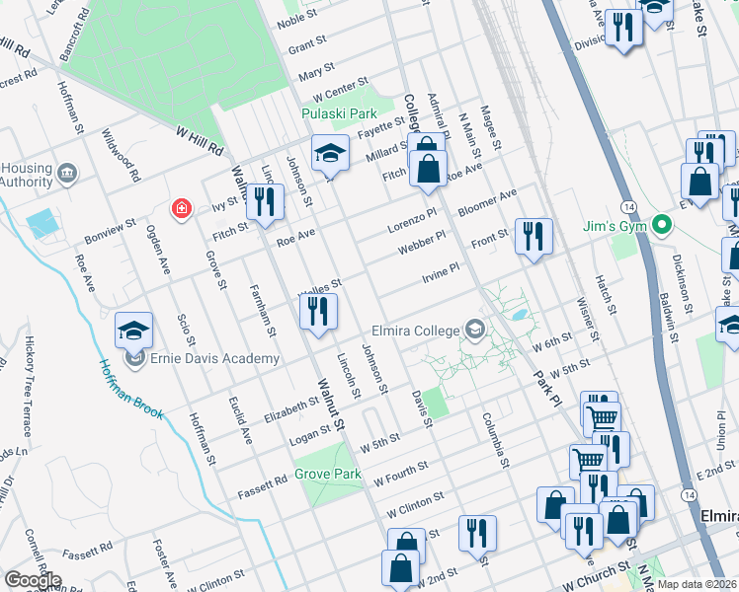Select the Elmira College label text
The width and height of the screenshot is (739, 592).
pyautogui.click(x=413, y=330)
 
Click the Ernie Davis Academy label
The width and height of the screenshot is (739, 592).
pyautogui.click(x=214, y=358)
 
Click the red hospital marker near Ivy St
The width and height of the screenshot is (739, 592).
pyautogui.click(x=181, y=209)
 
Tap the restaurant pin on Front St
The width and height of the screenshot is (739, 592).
pyautogui.click(x=533, y=237)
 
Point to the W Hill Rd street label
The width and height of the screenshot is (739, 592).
pyautogui.click(x=199, y=140)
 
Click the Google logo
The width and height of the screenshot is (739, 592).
pyautogui.click(x=33, y=579)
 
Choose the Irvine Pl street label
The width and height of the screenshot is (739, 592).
pyautogui.click(x=442, y=270)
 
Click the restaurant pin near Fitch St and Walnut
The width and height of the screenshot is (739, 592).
pyautogui.click(x=264, y=204)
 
